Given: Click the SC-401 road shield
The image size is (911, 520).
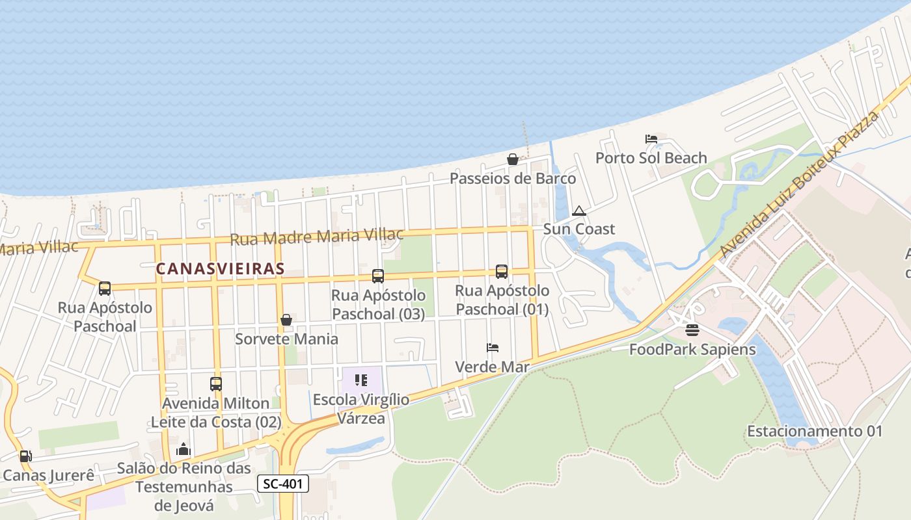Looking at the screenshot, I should [x=283, y=484].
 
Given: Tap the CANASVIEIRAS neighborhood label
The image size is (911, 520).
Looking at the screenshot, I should [x=220, y=268].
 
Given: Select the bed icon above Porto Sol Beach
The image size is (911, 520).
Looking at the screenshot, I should [x=651, y=138].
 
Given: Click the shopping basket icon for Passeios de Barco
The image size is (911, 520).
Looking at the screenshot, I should [x=513, y=159].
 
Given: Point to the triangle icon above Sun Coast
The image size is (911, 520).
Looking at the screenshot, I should [x=578, y=211].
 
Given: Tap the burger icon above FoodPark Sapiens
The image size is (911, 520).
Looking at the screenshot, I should [x=692, y=330].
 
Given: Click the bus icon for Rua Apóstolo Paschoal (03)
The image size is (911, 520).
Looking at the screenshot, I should [x=377, y=276].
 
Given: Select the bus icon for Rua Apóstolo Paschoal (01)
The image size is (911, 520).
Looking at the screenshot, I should [x=501, y=272].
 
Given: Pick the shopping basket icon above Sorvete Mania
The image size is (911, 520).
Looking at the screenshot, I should [x=286, y=320].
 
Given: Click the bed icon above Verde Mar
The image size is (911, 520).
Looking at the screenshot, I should [x=492, y=348].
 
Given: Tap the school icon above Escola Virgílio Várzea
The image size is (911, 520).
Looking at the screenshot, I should [x=361, y=380].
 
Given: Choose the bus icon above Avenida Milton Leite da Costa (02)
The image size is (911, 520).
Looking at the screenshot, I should [x=215, y=384].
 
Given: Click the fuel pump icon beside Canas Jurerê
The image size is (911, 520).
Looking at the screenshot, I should [x=25, y=456].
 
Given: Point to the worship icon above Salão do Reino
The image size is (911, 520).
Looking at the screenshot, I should [x=184, y=449].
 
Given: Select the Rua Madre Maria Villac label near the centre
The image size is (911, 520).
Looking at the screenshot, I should [x=317, y=237].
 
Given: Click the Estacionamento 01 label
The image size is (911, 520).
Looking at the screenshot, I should [x=815, y=431].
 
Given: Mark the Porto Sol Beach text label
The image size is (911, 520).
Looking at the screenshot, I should [x=651, y=158].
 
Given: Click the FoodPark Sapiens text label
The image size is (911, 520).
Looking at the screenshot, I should [x=692, y=350].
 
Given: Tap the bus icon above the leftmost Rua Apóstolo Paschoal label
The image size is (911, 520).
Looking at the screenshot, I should [x=104, y=288].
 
